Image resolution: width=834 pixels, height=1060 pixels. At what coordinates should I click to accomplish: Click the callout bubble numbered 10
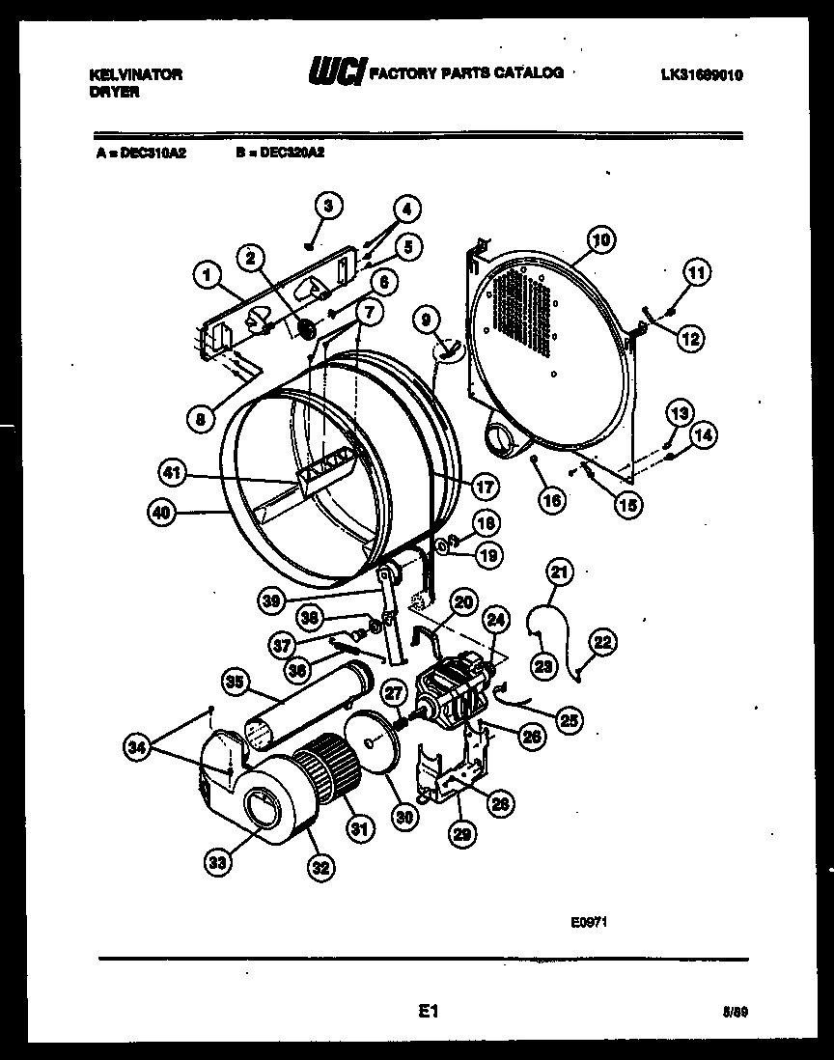[x=600, y=238]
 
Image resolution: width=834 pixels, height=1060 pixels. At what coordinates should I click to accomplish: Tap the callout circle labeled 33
[x=218, y=863]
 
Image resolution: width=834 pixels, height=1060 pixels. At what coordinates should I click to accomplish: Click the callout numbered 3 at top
[x=328, y=206]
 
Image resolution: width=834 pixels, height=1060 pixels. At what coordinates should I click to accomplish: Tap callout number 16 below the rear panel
[x=551, y=500]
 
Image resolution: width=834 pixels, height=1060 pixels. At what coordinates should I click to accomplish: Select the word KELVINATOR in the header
[x=135, y=74]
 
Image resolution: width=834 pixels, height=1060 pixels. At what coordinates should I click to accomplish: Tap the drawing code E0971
[x=588, y=922]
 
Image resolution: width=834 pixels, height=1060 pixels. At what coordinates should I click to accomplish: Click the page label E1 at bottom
[x=430, y=1012]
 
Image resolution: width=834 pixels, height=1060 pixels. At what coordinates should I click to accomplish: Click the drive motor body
[x=454, y=691]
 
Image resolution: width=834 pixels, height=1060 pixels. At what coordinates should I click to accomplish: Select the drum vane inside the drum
[x=328, y=474]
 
